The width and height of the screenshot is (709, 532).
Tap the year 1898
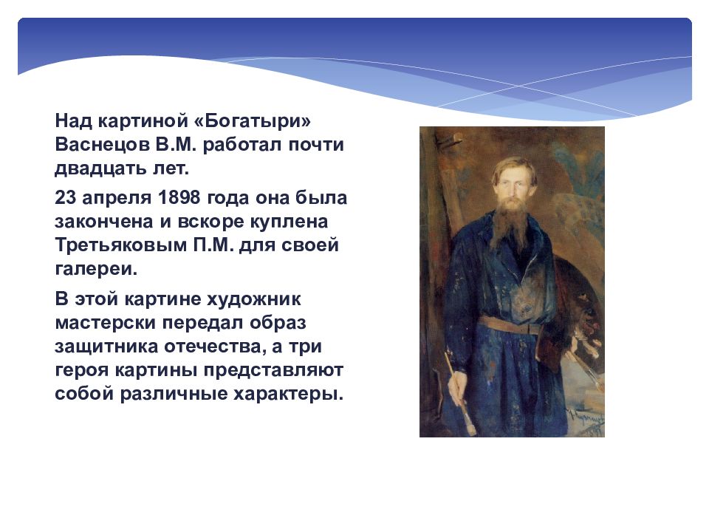[179, 198]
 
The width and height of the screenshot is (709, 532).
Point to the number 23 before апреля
[65, 198]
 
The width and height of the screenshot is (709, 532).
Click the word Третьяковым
[120, 245]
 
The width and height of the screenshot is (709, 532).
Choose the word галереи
[96, 269]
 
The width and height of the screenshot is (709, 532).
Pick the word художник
[253, 299]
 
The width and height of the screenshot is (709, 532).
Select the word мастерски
[106, 323]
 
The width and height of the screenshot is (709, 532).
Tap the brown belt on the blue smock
[511, 325]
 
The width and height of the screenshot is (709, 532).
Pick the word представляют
[273, 370]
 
